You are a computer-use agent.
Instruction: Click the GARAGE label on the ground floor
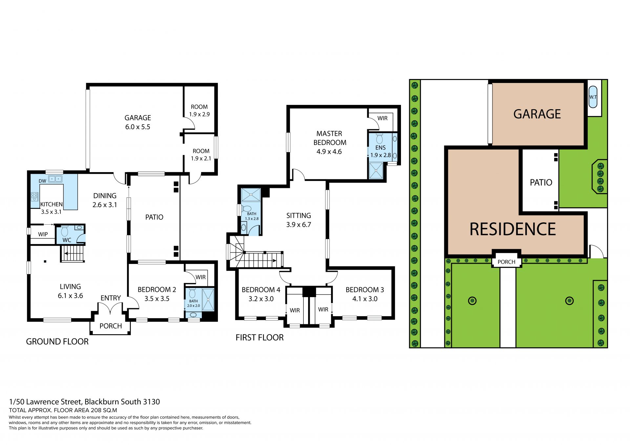138,118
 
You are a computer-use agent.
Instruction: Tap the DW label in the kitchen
42,181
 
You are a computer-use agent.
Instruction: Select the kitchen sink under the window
55,179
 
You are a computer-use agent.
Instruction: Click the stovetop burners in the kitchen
34,196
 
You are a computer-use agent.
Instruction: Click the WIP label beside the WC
43,234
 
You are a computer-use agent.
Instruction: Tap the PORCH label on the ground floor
111,326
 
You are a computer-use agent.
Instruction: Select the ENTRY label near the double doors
111,298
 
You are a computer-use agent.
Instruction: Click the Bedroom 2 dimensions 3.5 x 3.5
157,299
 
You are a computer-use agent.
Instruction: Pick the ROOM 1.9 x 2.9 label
199,111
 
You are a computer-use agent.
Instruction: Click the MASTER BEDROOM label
329,138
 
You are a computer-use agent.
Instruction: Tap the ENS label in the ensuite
381,148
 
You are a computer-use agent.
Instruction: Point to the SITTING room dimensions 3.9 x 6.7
299,225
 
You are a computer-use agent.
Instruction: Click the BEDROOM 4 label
261,290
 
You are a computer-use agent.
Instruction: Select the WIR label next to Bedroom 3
323,309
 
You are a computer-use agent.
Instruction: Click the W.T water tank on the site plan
593,97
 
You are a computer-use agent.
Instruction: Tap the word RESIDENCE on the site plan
513,229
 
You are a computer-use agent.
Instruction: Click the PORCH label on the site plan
506,262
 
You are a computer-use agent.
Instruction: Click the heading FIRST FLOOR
260,338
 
